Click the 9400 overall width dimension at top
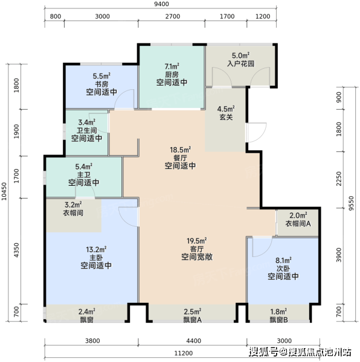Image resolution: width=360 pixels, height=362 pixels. click(x=162, y=4)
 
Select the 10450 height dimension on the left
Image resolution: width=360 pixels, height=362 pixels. click(x=4, y=191)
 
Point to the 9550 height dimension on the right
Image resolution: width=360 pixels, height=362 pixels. click(x=351, y=203)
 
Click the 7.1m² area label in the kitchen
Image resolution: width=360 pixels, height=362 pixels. click(x=172, y=66)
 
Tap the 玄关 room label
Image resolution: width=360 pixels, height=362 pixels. click(x=226, y=117)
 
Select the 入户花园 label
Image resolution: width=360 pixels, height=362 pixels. click(x=240, y=63)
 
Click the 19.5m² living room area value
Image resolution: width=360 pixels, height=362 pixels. click(x=197, y=241)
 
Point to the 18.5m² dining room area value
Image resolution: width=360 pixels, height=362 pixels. click(x=180, y=150)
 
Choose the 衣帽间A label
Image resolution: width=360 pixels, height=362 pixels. click(x=298, y=223)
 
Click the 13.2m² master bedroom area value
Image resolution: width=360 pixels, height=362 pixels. click(x=96, y=250)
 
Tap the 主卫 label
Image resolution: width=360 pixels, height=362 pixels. click(x=83, y=174)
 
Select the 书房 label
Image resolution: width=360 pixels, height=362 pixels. click(x=101, y=84)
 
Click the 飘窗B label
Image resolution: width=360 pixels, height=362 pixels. click(x=278, y=320)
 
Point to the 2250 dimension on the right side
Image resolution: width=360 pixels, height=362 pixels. click(x=339, y=179)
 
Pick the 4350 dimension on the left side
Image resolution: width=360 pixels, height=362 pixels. click(x=16, y=250)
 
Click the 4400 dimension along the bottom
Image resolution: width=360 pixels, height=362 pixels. click(x=194, y=341)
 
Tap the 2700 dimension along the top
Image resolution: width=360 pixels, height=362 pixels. click(x=173, y=16)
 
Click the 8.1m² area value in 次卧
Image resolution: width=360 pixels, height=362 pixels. click(x=283, y=261)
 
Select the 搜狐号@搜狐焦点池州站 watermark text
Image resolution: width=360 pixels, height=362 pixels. click(x=300, y=352)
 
